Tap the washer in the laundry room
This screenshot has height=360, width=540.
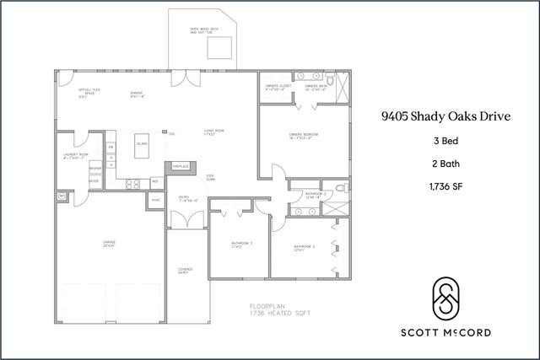(x=95, y=169)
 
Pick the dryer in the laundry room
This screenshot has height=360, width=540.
(x=94, y=181)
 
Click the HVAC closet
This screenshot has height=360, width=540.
(x=156, y=200)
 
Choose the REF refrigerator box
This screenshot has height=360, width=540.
(x=155, y=181)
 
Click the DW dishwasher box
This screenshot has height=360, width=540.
(x=110, y=148)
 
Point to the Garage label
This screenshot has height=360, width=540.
(x=109, y=244)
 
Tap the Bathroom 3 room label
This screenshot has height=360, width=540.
(x=241, y=244)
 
